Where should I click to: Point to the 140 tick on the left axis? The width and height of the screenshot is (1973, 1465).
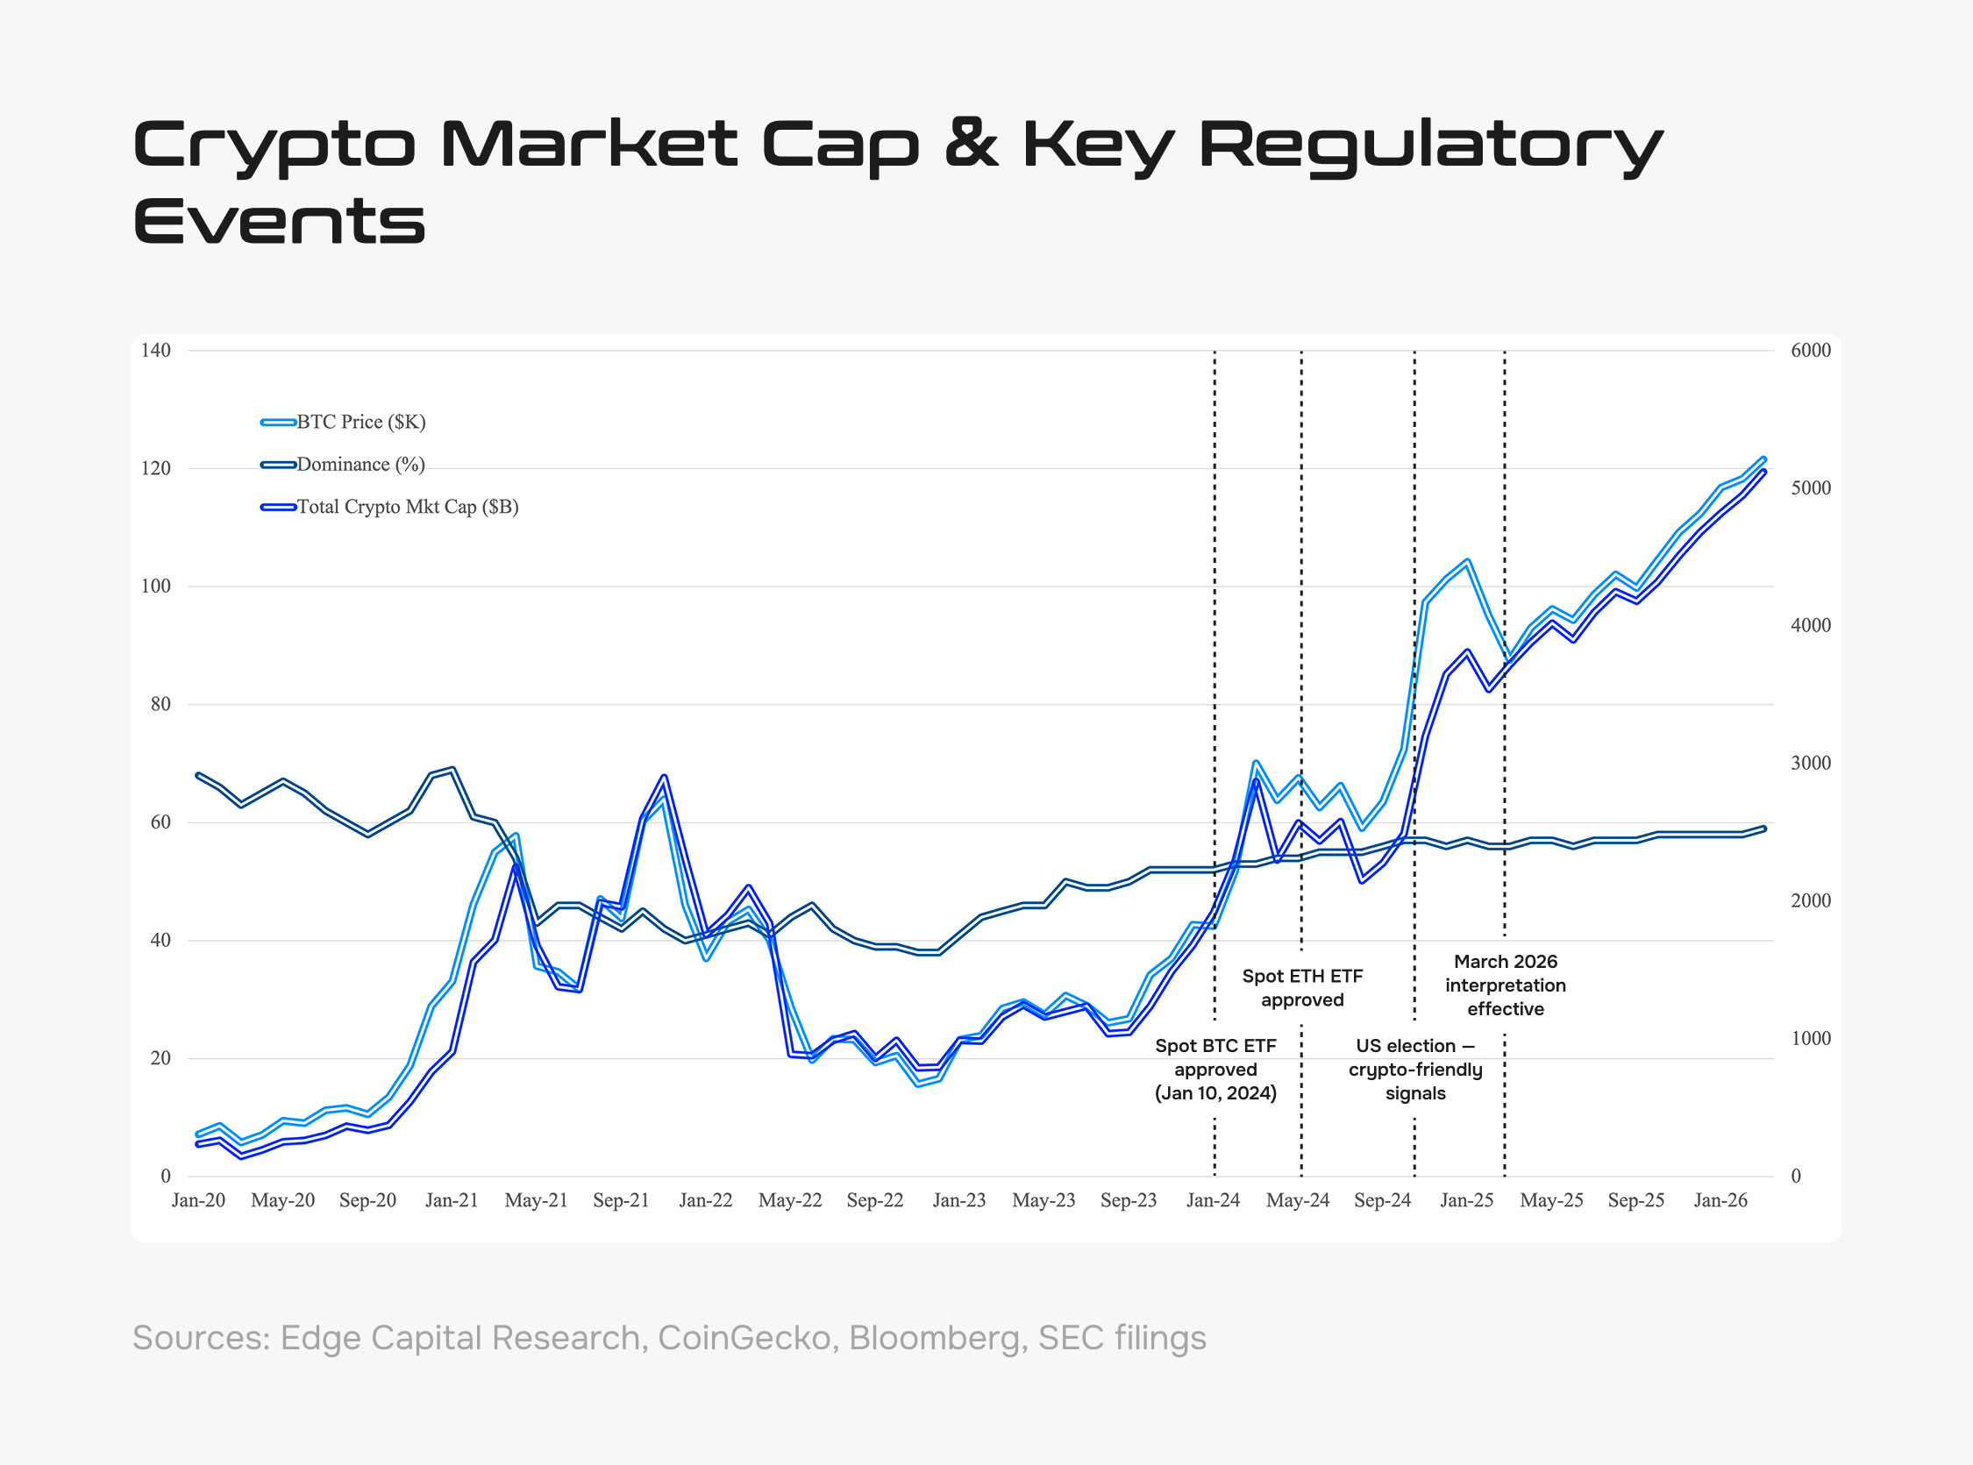[x=156, y=351]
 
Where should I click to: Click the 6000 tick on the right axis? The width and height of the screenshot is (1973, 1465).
[x=1811, y=351]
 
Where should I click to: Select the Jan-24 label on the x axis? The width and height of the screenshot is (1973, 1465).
[x=1213, y=1201]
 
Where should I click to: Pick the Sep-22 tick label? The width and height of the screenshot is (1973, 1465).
[x=874, y=1201]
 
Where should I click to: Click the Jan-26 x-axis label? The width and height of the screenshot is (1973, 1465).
[x=1720, y=1201]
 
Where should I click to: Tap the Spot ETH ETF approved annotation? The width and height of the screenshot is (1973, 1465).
[x=1301, y=988]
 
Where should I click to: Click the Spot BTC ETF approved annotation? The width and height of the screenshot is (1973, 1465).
[x=1214, y=1070]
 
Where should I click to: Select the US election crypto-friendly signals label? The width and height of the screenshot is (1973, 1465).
[x=1415, y=1070]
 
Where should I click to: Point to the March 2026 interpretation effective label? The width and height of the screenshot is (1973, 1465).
[x=1505, y=985]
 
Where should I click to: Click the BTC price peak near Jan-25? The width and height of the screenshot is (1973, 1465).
[x=1468, y=560]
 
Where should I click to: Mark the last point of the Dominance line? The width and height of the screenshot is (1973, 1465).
[x=1763, y=829]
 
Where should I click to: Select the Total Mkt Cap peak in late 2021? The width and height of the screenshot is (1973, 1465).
[x=663, y=776]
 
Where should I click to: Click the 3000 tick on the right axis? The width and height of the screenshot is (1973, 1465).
[x=1811, y=764]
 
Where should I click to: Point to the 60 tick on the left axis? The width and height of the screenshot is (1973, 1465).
[x=160, y=822]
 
